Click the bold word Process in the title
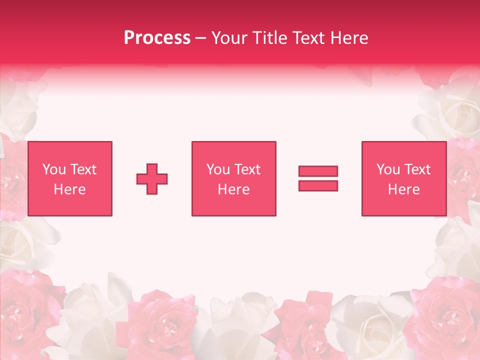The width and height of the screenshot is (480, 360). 157,38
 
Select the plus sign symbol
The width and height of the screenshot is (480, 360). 152,179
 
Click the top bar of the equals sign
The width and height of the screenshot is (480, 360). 318,171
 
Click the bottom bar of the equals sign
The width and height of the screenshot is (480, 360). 318,185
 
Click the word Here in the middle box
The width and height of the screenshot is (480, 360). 234,189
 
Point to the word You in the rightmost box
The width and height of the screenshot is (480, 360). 388,169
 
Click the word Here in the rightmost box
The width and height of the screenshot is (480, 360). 404,189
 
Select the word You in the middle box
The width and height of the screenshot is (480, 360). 218,169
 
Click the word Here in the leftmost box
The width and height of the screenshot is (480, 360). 70,189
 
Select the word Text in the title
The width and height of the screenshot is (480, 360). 308,38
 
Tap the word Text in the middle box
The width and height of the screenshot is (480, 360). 247,169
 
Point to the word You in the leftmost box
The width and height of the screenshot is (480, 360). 54,169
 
